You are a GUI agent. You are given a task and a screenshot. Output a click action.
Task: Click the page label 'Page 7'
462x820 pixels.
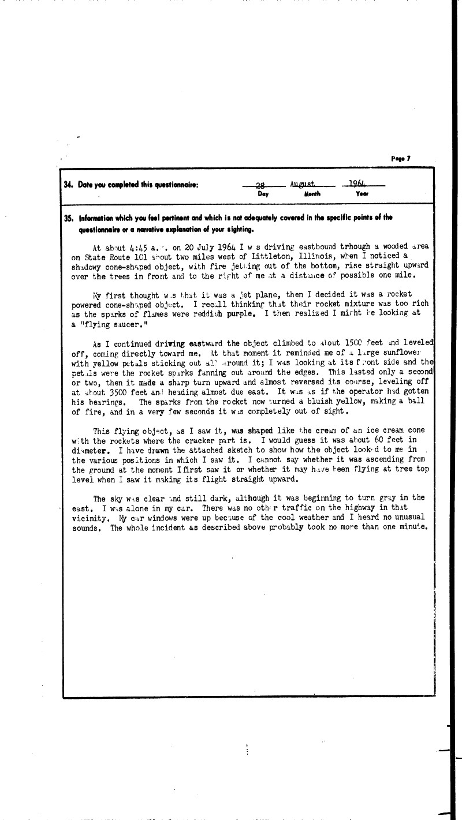coord(400,159)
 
